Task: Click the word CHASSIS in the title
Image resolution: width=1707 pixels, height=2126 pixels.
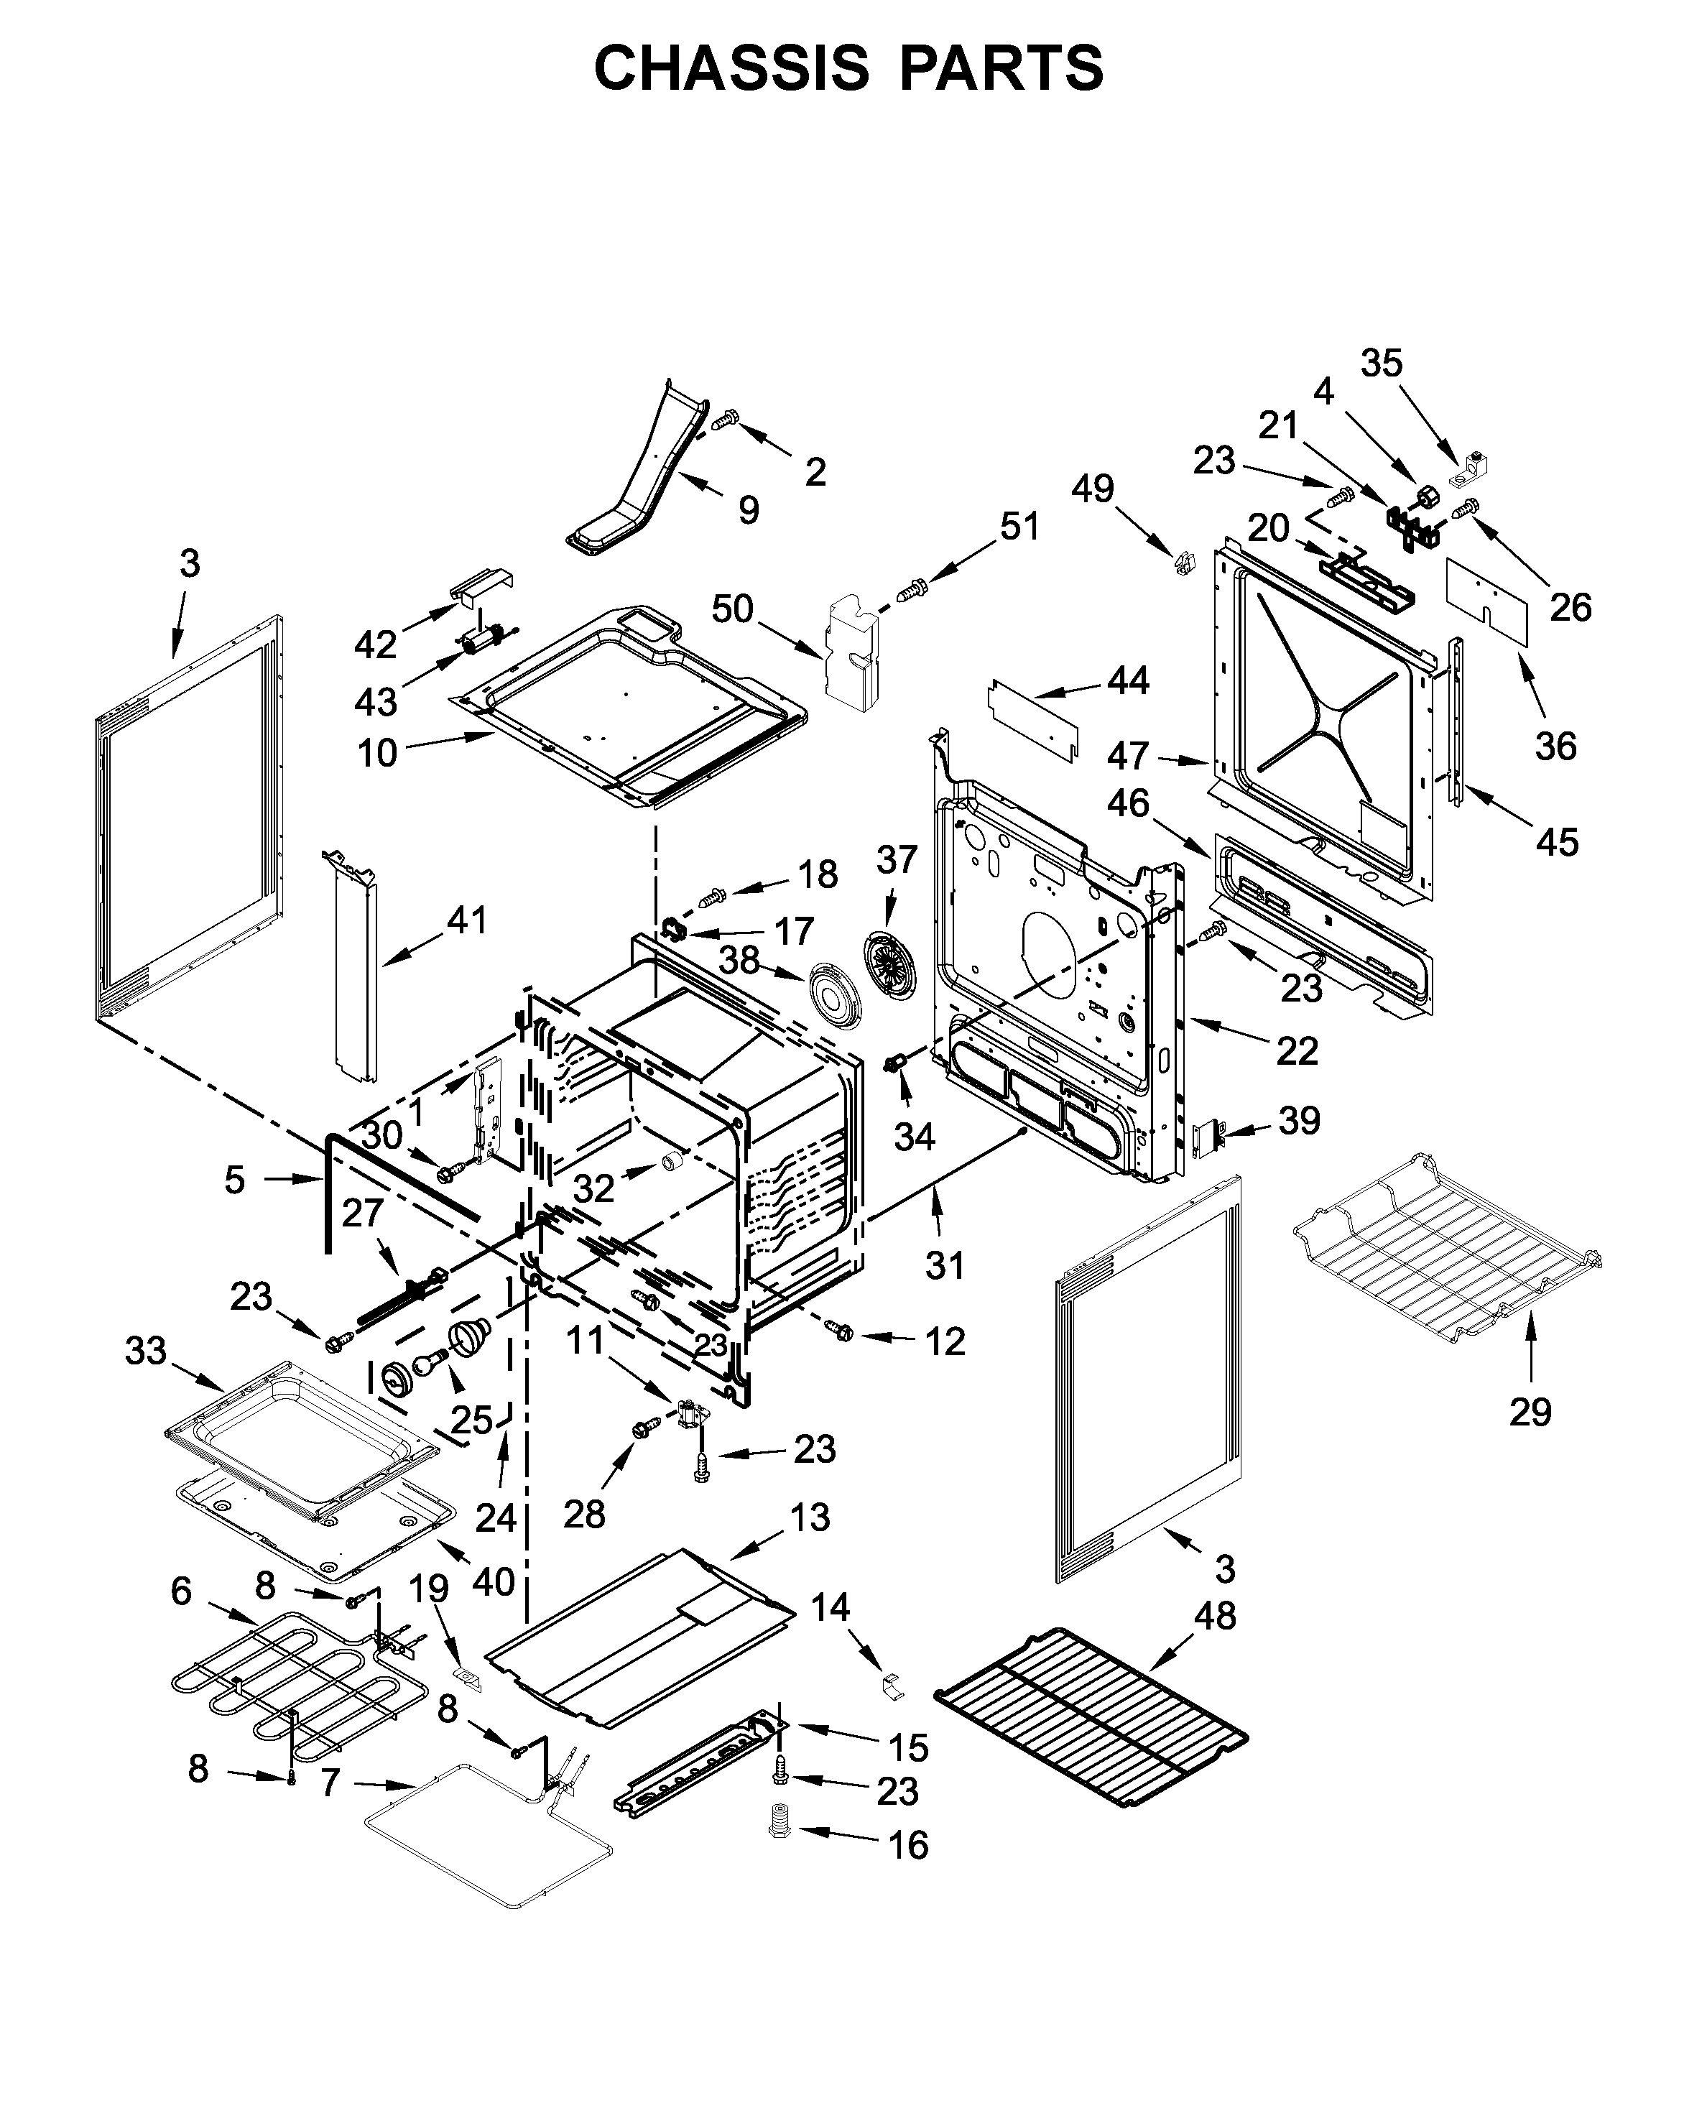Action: (x=731, y=69)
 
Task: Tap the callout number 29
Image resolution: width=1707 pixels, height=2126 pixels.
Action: (x=1530, y=1412)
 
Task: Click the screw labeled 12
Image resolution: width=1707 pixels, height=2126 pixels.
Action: (x=841, y=1332)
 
